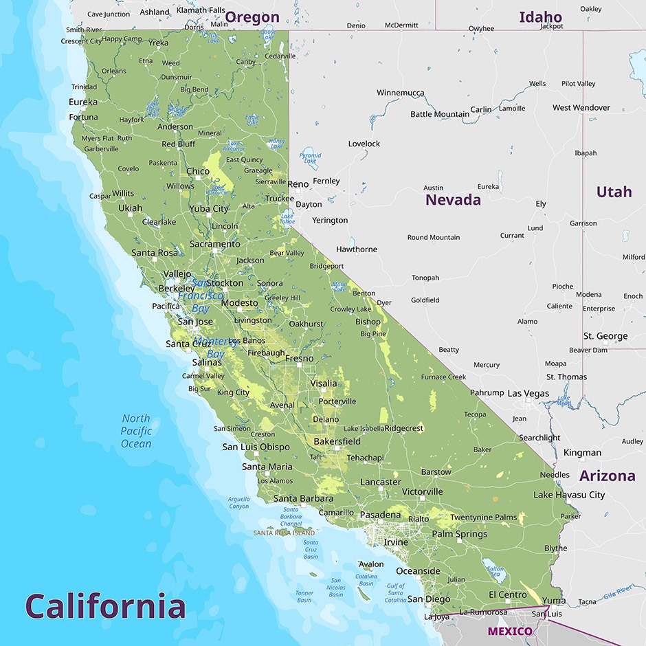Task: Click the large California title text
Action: pyautogui.click(x=105, y=605)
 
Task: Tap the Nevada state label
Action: pyautogui.click(x=453, y=200)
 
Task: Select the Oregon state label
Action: pyautogui.click(x=252, y=17)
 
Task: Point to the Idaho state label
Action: pyautogui.click(x=540, y=17)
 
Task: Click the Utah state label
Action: pyautogui.click(x=614, y=192)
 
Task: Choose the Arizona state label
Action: pyautogui.click(x=607, y=476)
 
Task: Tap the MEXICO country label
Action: pyautogui.click(x=510, y=631)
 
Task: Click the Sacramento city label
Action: pyautogui.click(x=215, y=244)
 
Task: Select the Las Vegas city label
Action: pyautogui.click(x=528, y=394)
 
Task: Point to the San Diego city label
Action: pyautogui.click(x=429, y=599)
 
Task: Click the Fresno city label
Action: pyautogui.click(x=299, y=358)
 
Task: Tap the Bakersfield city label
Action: pyautogui.click(x=337, y=441)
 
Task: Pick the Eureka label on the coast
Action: pyautogui.click(x=83, y=102)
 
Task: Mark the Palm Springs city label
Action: pyautogui.click(x=459, y=534)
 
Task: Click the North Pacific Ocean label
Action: pyautogui.click(x=136, y=431)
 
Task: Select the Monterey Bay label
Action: pyautogui.click(x=215, y=348)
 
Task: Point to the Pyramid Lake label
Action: pyautogui.click(x=310, y=159)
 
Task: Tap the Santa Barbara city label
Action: pyautogui.click(x=303, y=498)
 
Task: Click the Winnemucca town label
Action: pyautogui.click(x=401, y=93)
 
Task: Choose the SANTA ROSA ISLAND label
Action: pyautogui.click(x=284, y=533)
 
